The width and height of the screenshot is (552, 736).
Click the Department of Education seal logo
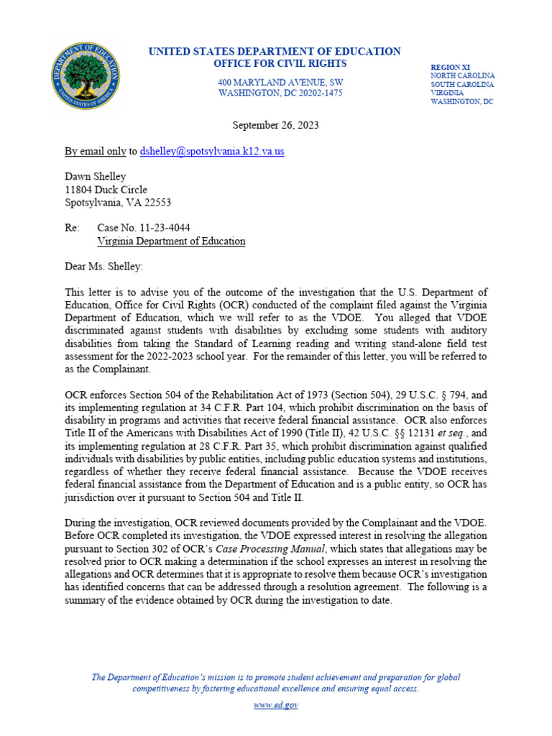(x=86, y=75)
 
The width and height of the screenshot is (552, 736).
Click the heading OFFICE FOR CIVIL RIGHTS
(x=275, y=64)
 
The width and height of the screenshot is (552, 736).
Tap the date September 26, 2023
(x=275, y=125)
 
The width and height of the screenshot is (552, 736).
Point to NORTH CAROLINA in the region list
(x=462, y=75)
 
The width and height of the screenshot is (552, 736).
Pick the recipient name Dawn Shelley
(x=96, y=177)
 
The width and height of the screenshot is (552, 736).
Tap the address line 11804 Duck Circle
(x=106, y=190)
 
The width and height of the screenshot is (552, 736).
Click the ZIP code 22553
(x=156, y=203)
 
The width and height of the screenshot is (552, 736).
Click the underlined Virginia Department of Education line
(x=171, y=241)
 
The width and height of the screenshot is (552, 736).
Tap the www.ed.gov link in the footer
(x=276, y=705)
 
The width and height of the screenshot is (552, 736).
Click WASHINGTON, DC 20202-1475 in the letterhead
(x=280, y=93)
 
